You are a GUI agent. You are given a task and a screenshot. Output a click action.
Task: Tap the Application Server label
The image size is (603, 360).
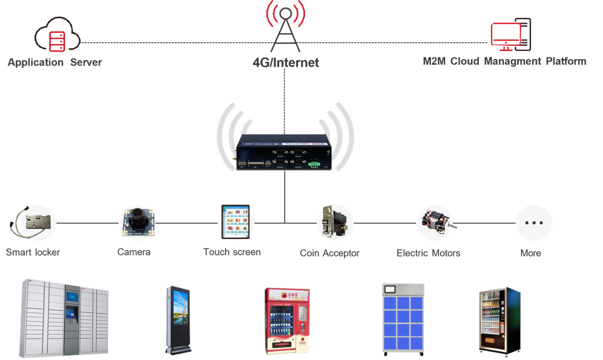click(55, 62)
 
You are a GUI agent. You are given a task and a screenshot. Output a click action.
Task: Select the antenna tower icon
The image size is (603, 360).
click(285, 27)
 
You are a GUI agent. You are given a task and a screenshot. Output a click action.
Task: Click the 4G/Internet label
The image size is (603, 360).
click(285, 62)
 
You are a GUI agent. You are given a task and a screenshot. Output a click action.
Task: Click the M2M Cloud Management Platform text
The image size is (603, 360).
click(504, 61)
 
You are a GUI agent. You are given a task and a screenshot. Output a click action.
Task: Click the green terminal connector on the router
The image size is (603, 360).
click(314, 165)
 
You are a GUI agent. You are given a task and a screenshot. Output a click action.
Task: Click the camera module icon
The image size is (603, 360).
click(137, 222)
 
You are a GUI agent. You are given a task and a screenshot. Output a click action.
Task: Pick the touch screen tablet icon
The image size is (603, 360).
click(235, 222)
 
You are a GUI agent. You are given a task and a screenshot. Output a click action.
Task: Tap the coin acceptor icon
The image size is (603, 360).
click(335, 222)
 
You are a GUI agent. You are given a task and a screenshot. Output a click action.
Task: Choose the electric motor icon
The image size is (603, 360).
click(434, 222)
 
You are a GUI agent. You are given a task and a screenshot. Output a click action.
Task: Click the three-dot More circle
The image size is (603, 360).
click(533, 223)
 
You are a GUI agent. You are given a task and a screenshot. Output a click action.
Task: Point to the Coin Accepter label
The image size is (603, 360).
click(329, 253)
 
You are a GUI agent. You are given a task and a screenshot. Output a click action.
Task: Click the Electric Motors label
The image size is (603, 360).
click(428, 253)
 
